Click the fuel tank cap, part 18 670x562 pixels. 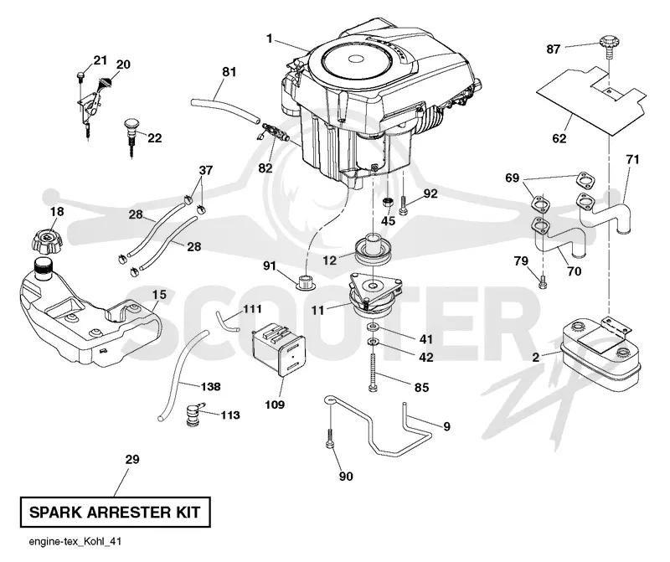click(48, 241)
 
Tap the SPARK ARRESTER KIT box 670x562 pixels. click(116, 512)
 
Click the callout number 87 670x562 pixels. click(553, 49)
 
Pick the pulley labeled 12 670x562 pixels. click(370, 249)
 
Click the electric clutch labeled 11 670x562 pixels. click(375, 296)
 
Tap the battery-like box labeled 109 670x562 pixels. click(279, 349)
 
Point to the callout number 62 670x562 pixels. click(559, 138)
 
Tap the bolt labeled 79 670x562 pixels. click(543, 282)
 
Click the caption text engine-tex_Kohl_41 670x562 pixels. click(75, 542)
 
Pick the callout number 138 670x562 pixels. click(211, 386)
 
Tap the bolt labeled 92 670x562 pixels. click(405, 205)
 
